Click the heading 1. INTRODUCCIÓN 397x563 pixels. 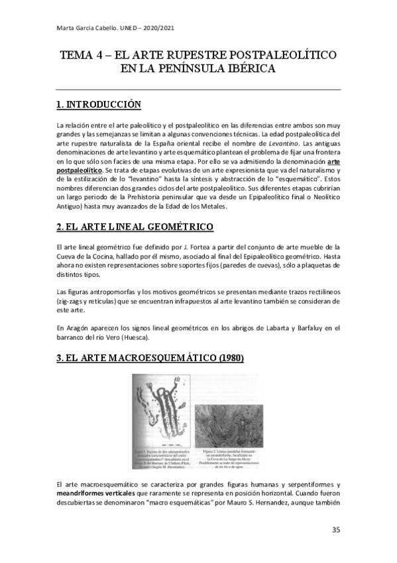[x=99, y=104]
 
